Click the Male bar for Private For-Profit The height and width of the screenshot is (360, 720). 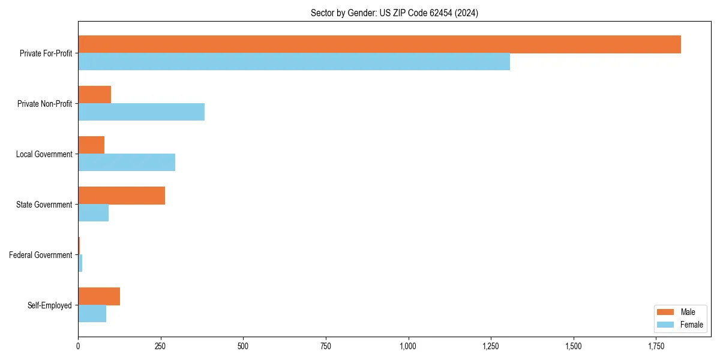tap(379, 44)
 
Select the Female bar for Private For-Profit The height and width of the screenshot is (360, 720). tap(294, 62)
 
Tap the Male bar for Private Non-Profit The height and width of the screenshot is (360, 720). tap(95, 95)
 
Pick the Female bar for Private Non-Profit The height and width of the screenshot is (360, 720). tap(142, 112)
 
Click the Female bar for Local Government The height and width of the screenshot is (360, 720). tap(127, 163)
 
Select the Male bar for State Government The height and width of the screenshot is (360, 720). tap(122, 196)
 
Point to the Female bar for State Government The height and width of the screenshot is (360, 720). tap(94, 213)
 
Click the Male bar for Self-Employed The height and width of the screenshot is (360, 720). tap(99, 296)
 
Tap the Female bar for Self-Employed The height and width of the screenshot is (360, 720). tap(92, 314)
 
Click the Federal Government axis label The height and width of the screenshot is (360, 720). tap(41, 255)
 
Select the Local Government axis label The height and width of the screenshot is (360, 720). tap(44, 154)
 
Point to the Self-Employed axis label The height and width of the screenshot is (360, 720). tap(50, 305)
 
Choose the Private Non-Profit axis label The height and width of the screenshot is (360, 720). tap(45, 104)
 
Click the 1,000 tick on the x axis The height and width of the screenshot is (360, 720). tap(409, 346)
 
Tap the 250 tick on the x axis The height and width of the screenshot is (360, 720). tap(161, 346)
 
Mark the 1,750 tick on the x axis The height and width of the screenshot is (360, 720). tap(656, 346)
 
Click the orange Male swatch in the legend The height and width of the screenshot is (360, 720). tap(666, 312)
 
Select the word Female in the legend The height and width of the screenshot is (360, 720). tap(692, 325)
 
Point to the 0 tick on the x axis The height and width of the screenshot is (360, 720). tap(78, 346)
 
